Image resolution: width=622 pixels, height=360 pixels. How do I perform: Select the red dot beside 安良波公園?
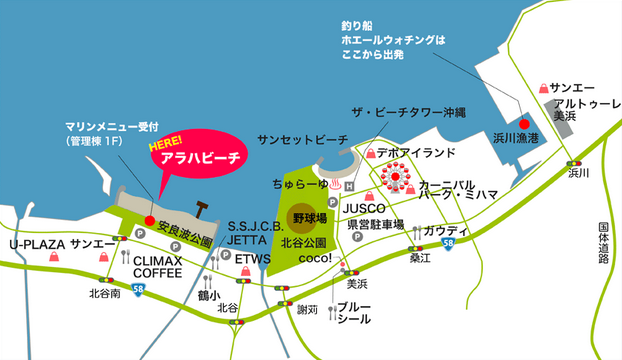149,220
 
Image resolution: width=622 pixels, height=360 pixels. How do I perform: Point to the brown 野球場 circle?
300,217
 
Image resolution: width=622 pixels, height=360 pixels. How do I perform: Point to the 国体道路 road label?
604,243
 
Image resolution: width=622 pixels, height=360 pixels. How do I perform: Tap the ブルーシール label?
354,311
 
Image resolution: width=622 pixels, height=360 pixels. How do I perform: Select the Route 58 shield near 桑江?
448,243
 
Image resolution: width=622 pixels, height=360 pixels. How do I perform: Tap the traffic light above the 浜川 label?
574,162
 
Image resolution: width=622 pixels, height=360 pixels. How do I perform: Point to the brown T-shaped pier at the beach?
204,208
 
